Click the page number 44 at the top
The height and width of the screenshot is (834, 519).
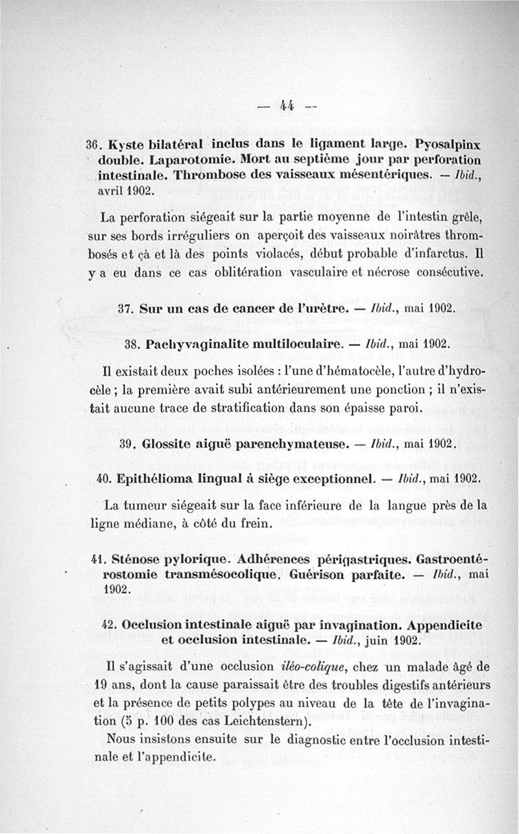285,106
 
